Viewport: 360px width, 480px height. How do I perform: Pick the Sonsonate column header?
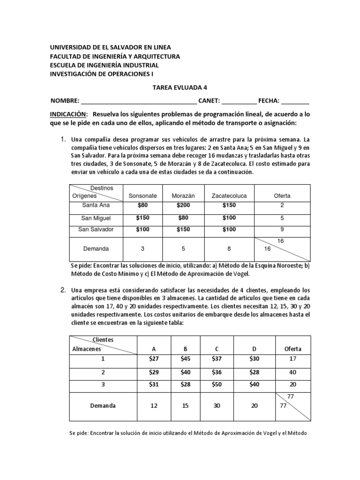(x=142, y=195)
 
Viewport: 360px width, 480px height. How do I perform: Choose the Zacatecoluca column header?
(x=229, y=195)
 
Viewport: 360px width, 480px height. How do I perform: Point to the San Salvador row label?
(x=96, y=230)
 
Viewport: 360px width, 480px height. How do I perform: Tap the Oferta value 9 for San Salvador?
(x=282, y=230)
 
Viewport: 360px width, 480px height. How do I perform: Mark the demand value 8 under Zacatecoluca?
(x=229, y=248)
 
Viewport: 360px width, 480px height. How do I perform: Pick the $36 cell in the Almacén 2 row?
(x=217, y=372)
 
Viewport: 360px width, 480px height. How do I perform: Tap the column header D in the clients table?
(x=254, y=349)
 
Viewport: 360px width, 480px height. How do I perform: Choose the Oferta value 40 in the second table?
(x=293, y=372)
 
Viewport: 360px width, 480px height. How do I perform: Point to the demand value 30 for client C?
(x=217, y=406)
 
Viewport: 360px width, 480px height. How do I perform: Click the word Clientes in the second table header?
(x=103, y=339)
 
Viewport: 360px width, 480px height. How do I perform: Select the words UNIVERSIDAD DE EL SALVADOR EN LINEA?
(x=111, y=47)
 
